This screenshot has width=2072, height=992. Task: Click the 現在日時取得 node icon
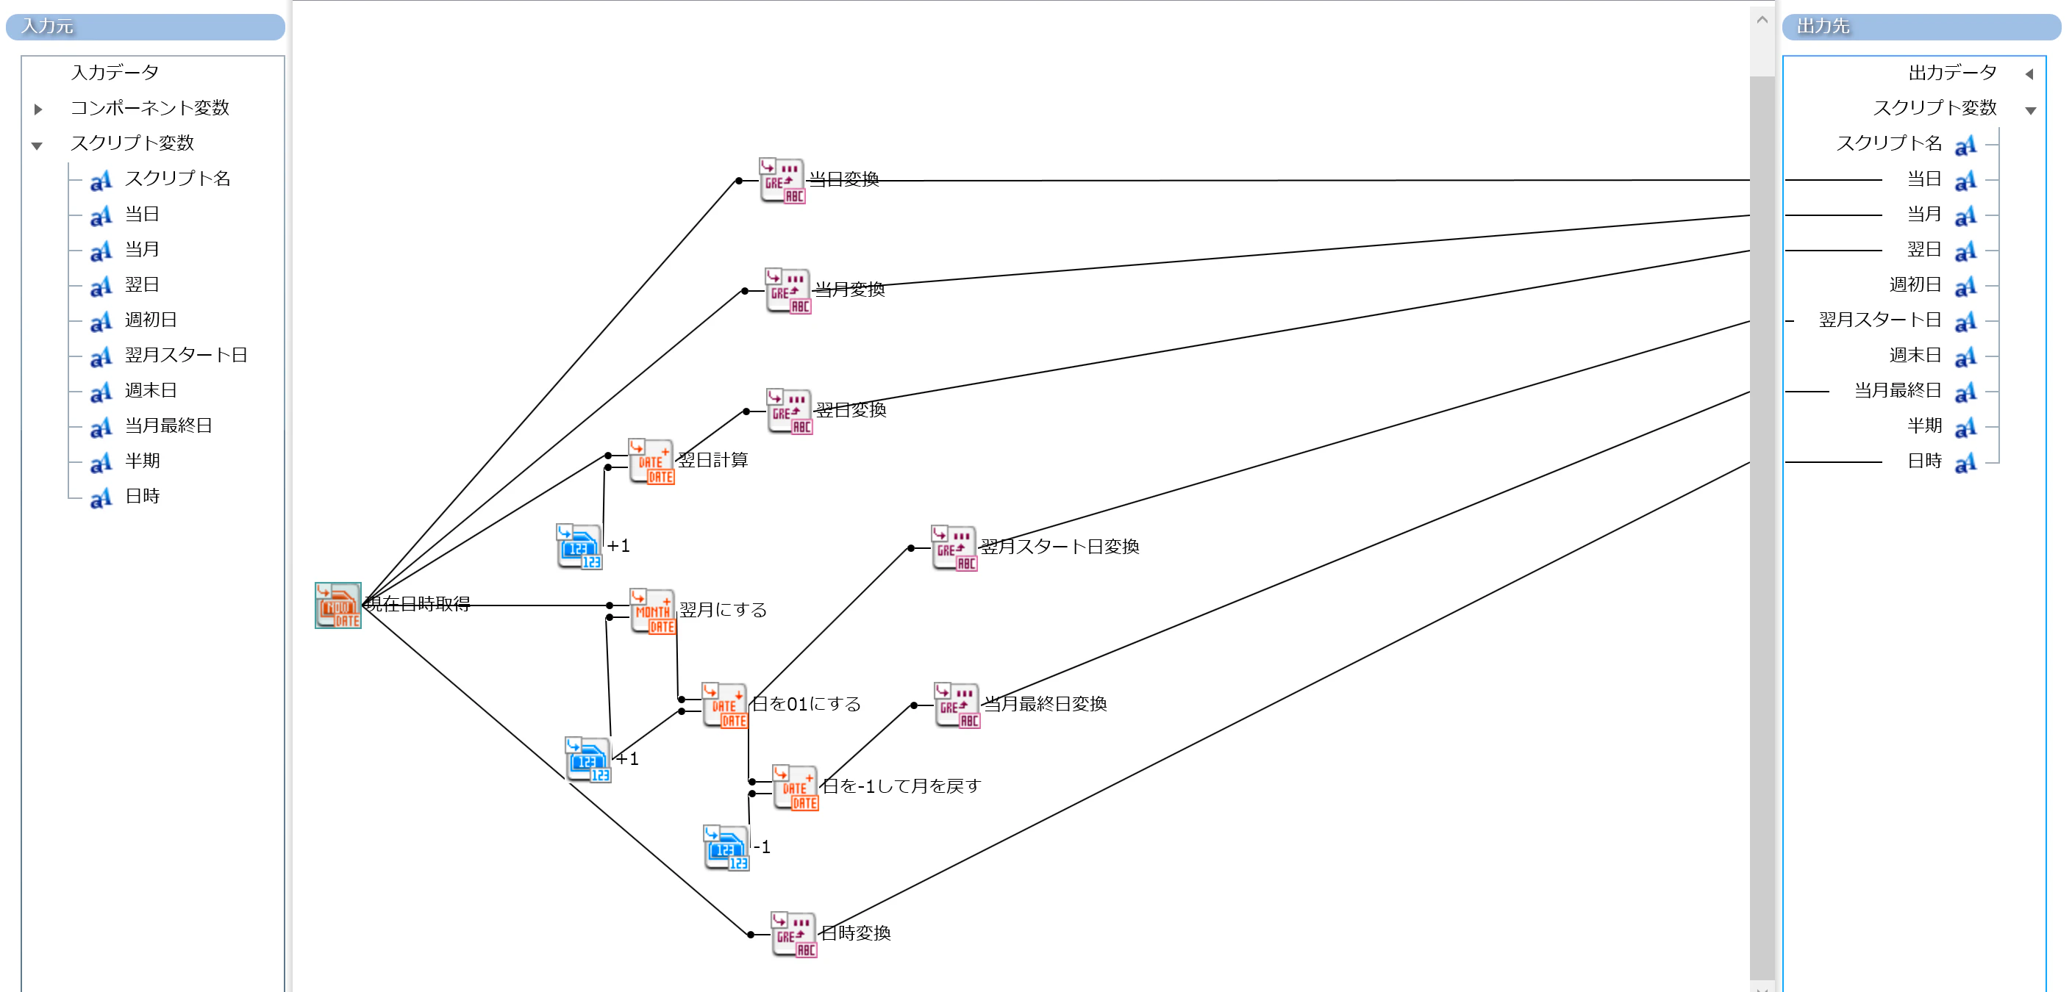click(x=337, y=605)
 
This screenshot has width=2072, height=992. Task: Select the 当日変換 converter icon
click(x=782, y=180)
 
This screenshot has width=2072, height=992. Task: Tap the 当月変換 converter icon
click(x=788, y=290)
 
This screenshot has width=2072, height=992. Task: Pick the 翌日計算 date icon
click(x=651, y=461)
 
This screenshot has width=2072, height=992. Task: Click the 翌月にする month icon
click(x=653, y=611)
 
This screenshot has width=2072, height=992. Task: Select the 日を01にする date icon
click(x=725, y=705)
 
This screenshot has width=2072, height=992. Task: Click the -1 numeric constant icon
click(x=726, y=847)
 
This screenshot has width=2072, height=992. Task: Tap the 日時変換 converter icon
click(x=794, y=934)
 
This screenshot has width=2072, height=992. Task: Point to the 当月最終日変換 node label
click(x=1046, y=704)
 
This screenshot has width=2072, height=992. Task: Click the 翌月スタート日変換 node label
click(x=1060, y=547)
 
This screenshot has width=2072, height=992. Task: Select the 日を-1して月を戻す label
click(x=901, y=786)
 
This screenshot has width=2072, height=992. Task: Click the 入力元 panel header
click(x=146, y=26)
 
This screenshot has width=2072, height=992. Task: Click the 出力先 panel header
click(x=1921, y=26)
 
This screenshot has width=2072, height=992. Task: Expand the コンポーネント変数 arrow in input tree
click(x=37, y=109)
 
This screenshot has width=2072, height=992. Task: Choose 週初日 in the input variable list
click(x=151, y=320)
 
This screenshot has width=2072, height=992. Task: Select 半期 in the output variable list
click(x=1925, y=426)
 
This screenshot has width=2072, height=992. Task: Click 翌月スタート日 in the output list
click(x=1881, y=320)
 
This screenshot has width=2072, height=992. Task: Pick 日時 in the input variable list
click(x=143, y=496)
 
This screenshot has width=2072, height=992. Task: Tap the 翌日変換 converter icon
click(x=790, y=411)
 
